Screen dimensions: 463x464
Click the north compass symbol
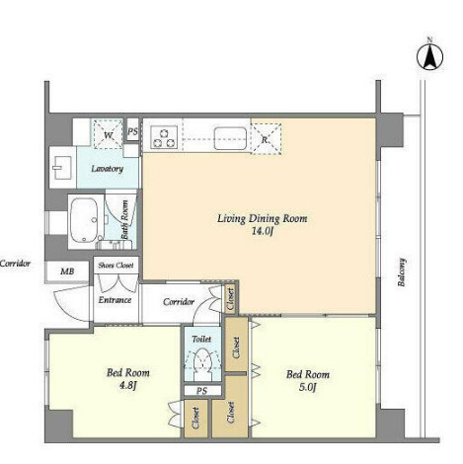tap(429, 55)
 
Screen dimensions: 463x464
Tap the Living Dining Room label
tap(262, 218)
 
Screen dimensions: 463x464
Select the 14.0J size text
tap(263, 232)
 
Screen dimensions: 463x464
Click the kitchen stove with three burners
tap(164, 137)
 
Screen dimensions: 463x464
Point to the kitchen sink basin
tap(230, 138)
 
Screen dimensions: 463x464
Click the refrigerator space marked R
tap(266, 138)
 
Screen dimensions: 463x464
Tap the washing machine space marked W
tap(108, 135)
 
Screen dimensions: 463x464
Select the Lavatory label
tap(108, 169)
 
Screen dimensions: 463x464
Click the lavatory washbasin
tap(62, 167)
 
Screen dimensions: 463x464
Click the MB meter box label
tap(67, 271)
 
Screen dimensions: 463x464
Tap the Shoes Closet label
tap(116, 265)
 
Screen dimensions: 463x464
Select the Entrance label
tap(115, 300)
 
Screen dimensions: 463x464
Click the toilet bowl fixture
tap(202, 363)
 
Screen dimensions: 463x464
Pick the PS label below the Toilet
tap(202, 391)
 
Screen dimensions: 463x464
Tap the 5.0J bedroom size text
tap(308, 387)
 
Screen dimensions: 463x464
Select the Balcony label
tap(402, 272)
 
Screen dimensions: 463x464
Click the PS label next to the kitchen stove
tap(133, 131)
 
